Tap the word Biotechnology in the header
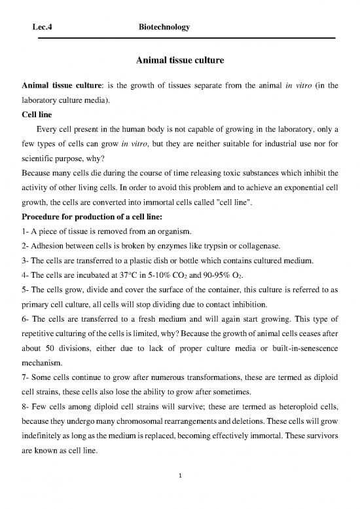click(164, 27)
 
